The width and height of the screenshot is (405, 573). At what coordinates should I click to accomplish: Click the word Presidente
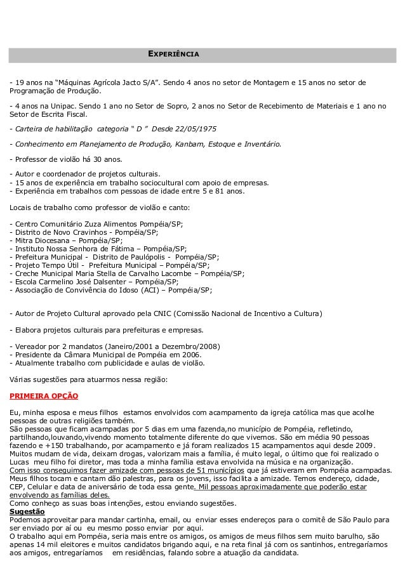33,355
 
